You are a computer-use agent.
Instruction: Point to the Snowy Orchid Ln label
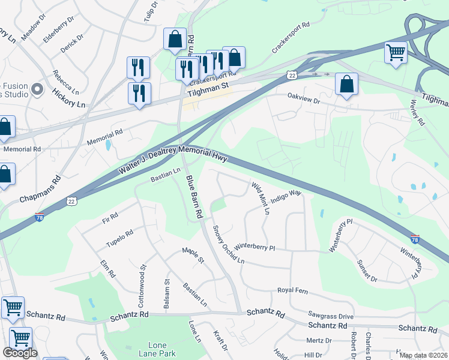tap(228, 245)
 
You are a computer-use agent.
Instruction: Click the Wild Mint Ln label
tap(261, 199)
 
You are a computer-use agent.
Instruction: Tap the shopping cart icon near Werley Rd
tap(396, 53)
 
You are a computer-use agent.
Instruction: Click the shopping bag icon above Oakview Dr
tap(347, 85)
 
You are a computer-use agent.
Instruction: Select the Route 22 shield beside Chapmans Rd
tap(71, 201)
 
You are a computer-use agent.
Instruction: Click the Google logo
tap(20, 353)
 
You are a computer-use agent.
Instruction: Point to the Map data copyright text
tap(423, 355)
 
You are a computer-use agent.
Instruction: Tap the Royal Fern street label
tap(292, 290)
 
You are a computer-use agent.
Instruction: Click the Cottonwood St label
tap(143, 278)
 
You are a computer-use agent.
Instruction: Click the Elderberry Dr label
tap(58, 29)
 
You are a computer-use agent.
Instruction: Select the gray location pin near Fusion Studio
tap(37, 90)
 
